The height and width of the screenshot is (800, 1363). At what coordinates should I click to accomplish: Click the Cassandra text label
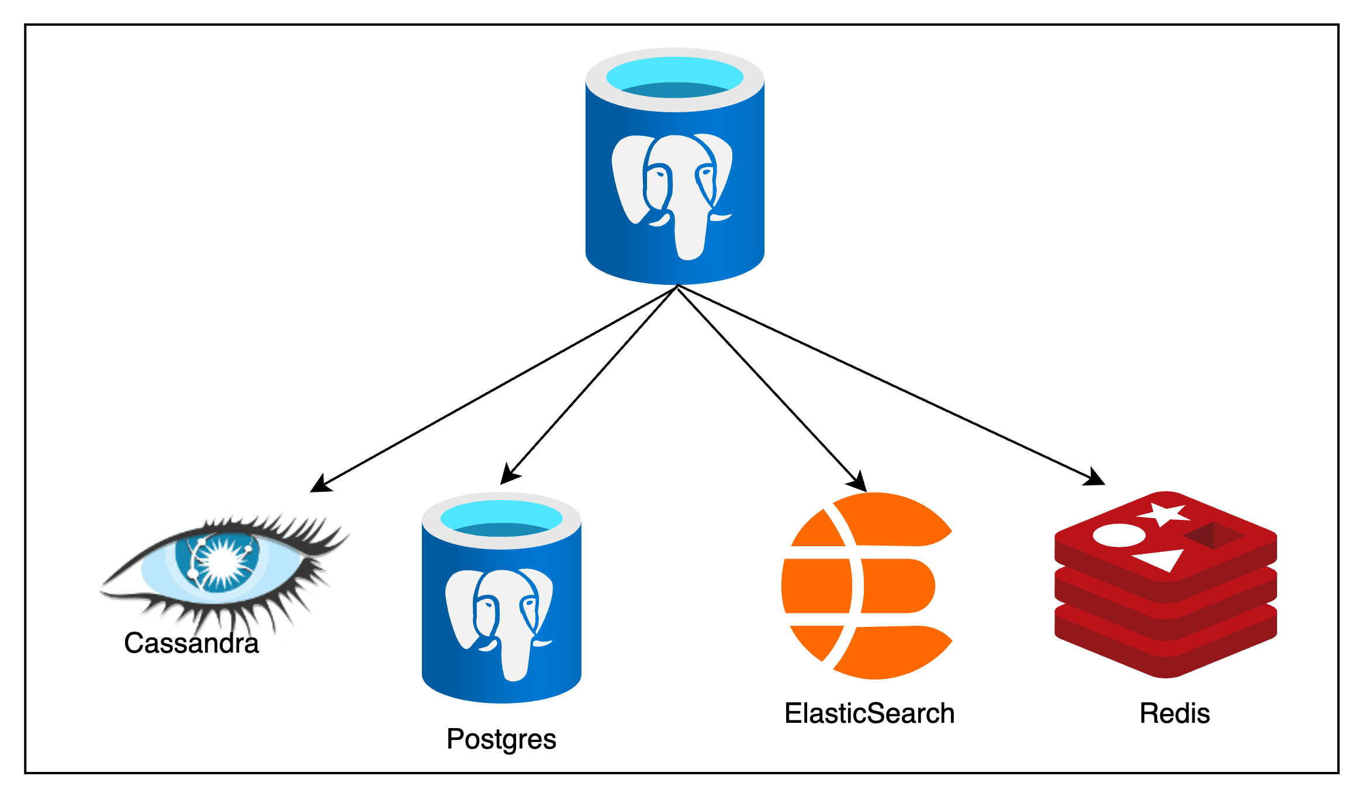[191, 643]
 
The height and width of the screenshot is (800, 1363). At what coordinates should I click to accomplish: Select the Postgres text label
[501, 739]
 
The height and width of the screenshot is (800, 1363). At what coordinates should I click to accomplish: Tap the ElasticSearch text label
[869, 713]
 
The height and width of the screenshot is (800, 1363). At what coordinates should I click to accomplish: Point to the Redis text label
[1174, 713]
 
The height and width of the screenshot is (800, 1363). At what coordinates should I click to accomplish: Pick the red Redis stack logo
[1165, 585]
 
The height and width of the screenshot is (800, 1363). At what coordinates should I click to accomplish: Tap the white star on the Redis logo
[1164, 514]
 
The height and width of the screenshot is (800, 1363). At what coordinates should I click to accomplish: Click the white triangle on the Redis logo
[1161, 559]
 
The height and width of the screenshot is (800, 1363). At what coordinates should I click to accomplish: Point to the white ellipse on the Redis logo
[1119, 535]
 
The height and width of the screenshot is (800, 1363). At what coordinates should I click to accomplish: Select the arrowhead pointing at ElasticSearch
[859, 482]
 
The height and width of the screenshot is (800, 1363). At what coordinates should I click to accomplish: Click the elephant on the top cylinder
[672, 193]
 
